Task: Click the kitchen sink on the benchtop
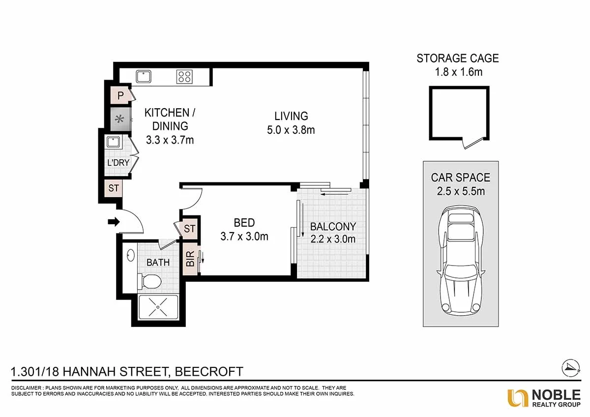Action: (144, 77)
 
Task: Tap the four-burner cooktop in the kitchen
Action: (184, 77)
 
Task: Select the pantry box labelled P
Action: (120, 95)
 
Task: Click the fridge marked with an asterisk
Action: (120, 119)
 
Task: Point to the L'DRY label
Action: (118, 163)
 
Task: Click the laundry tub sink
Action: (113, 142)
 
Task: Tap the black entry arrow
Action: (114, 222)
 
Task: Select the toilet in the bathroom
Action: (149, 281)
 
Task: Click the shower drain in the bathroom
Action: (158, 307)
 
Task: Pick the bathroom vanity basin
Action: (131, 255)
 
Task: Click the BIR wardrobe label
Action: (190, 259)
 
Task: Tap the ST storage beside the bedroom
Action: (190, 229)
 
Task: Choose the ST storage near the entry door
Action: (114, 188)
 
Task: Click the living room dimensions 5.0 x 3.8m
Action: (291, 130)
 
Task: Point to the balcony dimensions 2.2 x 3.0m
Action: (333, 239)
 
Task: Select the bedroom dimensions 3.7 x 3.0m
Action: (244, 237)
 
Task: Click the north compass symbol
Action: (570, 368)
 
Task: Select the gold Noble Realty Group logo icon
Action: (518, 398)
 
